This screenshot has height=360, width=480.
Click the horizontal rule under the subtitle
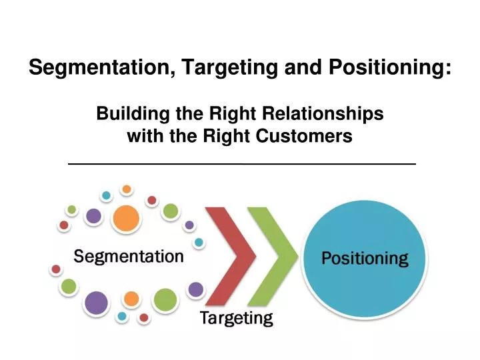[x=241, y=163]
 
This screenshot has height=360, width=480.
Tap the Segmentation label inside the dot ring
[x=129, y=257]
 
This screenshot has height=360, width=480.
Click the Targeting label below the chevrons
[x=237, y=319]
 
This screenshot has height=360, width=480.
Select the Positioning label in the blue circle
[x=365, y=259]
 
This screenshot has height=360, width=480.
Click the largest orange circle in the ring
[x=126, y=218]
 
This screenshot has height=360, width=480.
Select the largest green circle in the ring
[x=165, y=301]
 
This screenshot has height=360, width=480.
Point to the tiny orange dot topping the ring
[x=127, y=189]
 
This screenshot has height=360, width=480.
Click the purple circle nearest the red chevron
[x=195, y=289]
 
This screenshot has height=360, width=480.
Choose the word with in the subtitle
[x=144, y=137]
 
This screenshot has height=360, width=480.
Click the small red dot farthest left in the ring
[x=56, y=269]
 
